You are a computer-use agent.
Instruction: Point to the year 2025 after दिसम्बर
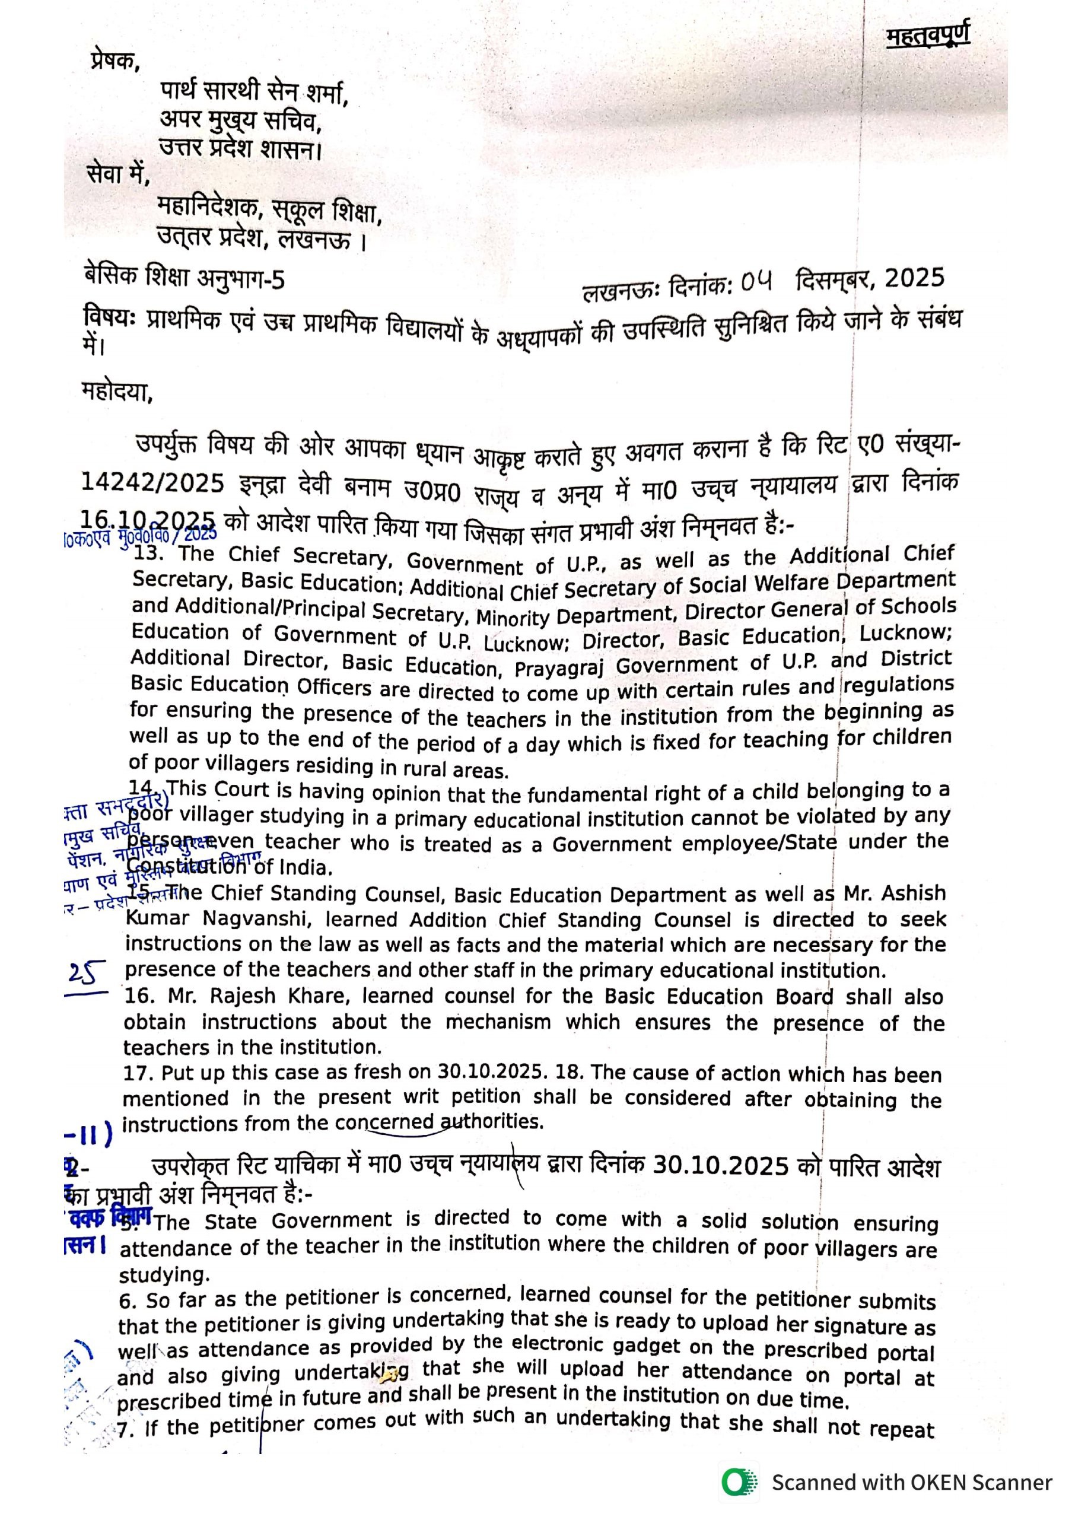pyautogui.click(x=914, y=279)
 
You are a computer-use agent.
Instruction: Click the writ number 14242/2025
pyautogui.click(x=152, y=483)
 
